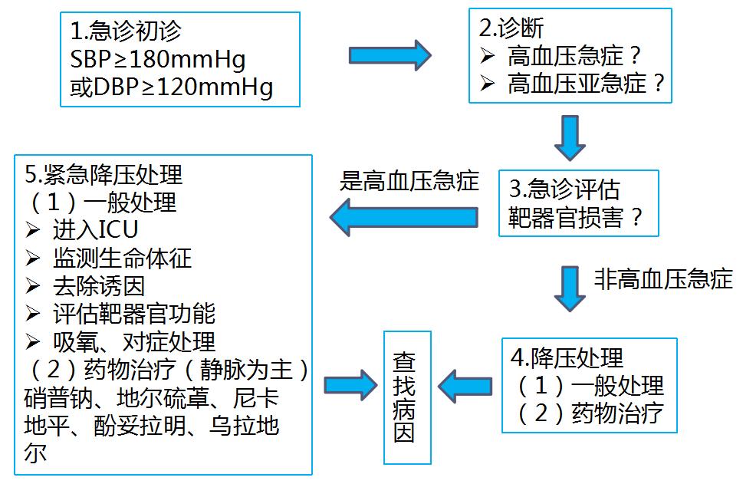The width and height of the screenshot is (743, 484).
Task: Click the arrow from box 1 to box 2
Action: coord(390,55)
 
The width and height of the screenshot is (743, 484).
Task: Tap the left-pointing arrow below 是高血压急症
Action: coord(405,216)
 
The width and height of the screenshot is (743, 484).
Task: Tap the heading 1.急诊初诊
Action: coord(127,32)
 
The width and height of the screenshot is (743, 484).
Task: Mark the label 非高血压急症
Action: coord(663,278)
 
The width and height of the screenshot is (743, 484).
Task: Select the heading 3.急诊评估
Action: coord(564,189)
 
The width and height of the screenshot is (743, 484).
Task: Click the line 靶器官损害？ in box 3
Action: coord(575,218)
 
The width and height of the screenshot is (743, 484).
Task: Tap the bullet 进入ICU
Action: coord(95,230)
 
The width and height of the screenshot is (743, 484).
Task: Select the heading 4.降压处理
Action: coord(567,358)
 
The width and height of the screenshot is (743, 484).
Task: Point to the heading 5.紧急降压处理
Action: coord(104,174)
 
